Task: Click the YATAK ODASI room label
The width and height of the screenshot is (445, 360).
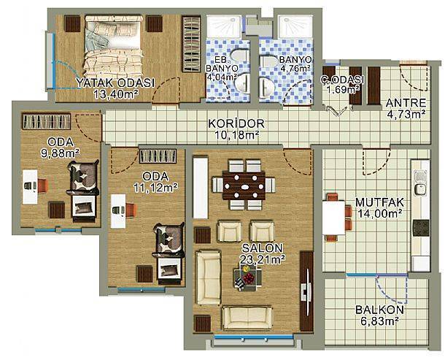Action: pos(115,83)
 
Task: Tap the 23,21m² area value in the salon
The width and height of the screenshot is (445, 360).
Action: pos(262,259)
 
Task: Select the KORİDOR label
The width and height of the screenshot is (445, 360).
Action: pos(236,123)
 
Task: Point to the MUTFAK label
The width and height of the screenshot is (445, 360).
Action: pos(379,202)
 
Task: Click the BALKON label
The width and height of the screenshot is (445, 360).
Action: pos(379,310)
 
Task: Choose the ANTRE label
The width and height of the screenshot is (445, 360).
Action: pos(406,103)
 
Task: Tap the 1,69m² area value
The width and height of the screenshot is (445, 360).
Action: pos(343,90)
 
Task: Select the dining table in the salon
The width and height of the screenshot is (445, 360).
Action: pos(244,185)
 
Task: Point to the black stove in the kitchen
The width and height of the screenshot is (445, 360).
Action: pos(421,228)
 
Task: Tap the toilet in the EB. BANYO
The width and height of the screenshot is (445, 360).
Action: pos(239,55)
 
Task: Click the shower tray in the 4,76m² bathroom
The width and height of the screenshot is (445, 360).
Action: pos(295,26)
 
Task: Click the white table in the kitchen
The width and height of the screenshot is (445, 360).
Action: pos(333,218)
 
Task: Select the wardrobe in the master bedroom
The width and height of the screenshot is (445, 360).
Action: pos(191,44)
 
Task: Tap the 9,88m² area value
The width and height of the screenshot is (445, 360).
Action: pos(60,153)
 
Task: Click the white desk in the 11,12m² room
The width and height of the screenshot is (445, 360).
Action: pos(118,211)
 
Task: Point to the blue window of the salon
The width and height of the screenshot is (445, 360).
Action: pos(253,337)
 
